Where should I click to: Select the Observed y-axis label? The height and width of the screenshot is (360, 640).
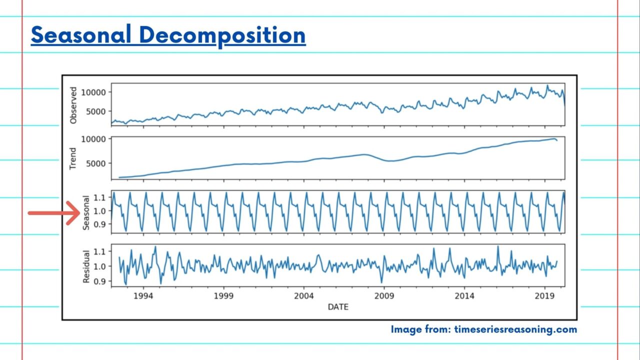[x=74, y=105]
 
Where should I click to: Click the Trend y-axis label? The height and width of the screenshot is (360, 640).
[x=73, y=158]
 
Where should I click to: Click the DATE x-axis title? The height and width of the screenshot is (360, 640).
[x=338, y=306]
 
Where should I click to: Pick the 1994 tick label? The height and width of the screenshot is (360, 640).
[x=143, y=295]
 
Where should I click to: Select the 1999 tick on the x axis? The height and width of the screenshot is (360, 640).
[x=223, y=295]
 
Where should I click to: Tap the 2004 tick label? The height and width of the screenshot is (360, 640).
[x=304, y=295]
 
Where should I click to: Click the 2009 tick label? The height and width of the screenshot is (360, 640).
[x=384, y=295]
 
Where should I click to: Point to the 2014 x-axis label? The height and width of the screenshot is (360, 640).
[x=464, y=295]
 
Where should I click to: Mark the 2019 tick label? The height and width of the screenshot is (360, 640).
[x=544, y=295]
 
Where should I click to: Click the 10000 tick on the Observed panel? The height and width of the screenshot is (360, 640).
[x=94, y=92]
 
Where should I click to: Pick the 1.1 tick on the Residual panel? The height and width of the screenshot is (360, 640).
[x=99, y=251]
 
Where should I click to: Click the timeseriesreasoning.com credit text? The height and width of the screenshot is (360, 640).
[x=515, y=329]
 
